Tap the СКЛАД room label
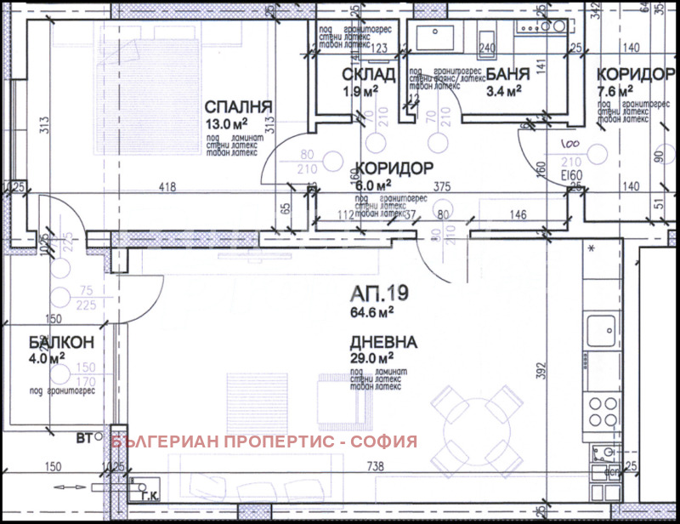[370, 75]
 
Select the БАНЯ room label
[502, 75]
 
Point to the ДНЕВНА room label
[382, 343]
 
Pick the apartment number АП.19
[379, 295]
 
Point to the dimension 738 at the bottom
[376, 467]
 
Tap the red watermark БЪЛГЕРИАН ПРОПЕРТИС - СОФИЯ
[264, 441]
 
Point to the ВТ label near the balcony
[83, 439]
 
